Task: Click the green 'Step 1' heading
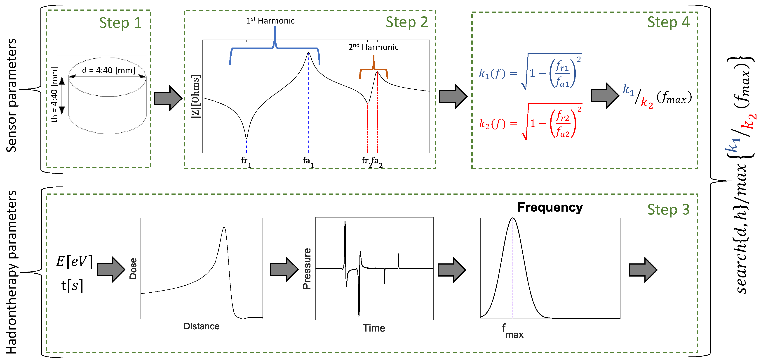tap(120, 23)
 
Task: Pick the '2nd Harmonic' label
tap(373, 47)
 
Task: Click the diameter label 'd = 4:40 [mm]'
tap(108, 70)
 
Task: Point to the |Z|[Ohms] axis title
tap(196, 96)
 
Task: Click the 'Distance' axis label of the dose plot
tap(202, 326)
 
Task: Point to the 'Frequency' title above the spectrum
tap(550, 207)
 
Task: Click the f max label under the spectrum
tap(512, 331)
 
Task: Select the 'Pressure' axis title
tap(307, 268)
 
